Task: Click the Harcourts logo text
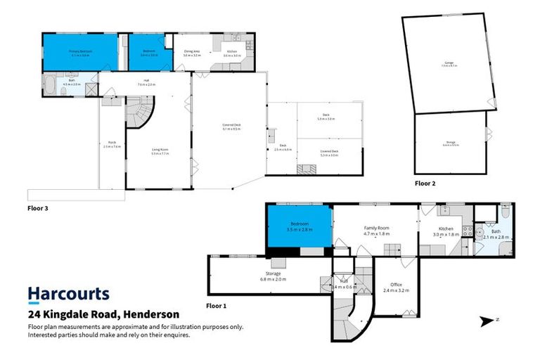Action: (68, 294)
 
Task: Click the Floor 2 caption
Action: (425, 183)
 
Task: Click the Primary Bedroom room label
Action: (81, 53)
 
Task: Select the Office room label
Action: (396, 285)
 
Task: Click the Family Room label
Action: (376, 229)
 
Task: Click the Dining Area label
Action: (192, 51)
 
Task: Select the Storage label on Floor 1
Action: (273, 274)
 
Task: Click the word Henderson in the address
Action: (148, 314)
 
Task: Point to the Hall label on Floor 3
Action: (146, 81)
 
